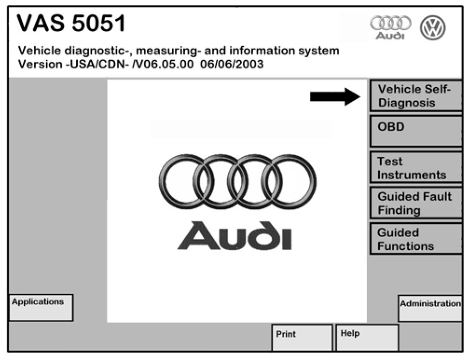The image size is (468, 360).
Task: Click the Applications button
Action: point(41,307)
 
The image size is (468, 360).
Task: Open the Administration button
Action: point(430,308)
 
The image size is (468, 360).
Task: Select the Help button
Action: point(367,338)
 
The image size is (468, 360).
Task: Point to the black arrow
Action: point(335,96)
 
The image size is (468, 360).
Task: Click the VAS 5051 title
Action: point(71,23)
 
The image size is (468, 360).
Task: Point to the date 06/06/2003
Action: point(232,64)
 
